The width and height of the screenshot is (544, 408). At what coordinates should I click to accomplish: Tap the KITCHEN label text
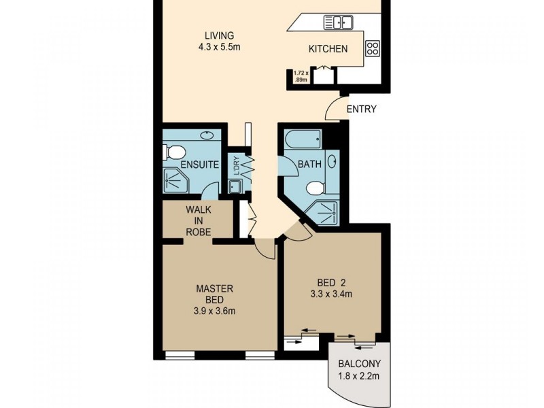click(x=328, y=49)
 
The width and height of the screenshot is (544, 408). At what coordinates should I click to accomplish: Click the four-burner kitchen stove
click(x=373, y=48)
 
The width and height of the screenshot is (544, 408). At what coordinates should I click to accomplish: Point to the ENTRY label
click(x=361, y=109)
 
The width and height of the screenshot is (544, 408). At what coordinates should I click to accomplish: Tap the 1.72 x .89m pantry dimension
click(x=301, y=75)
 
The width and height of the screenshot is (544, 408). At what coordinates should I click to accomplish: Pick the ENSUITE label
click(x=199, y=165)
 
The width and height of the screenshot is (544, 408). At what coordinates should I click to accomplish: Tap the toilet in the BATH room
click(x=315, y=187)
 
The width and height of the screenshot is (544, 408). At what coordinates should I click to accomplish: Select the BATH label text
click(x=309, y=165)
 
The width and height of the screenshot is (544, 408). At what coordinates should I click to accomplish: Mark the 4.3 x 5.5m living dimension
click(x=219, y=48)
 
